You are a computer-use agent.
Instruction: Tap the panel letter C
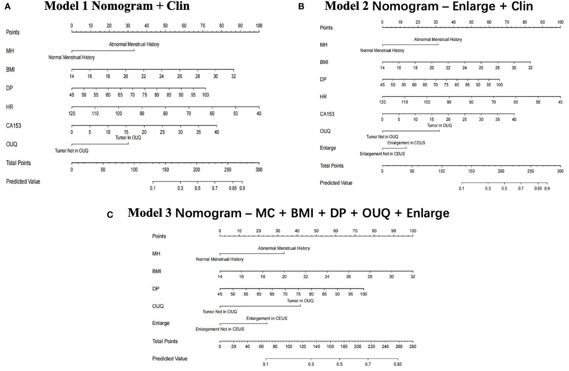point(110,215)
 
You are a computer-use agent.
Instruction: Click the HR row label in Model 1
point(10,107)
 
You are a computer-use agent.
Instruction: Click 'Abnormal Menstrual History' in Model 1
point(134,45)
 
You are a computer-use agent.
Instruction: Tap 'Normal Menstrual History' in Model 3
point(220,260)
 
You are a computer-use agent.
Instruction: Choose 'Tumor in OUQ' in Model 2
point(440,126)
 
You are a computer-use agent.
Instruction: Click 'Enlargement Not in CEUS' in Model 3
point(220,329)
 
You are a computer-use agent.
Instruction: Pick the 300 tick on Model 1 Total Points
point(258,169)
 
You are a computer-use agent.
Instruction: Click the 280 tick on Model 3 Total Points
point(412,346)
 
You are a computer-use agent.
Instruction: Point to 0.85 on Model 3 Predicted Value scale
point(398,364)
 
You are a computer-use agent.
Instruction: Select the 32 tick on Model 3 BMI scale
point(413,277)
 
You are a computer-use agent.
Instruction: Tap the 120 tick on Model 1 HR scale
point(72,114)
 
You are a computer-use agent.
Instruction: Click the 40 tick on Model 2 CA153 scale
point(514,120)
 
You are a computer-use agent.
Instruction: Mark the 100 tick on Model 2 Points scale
point(560,22)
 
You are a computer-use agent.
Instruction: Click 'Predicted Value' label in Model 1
point(23,181)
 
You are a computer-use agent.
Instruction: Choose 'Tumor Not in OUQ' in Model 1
point(72,151)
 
